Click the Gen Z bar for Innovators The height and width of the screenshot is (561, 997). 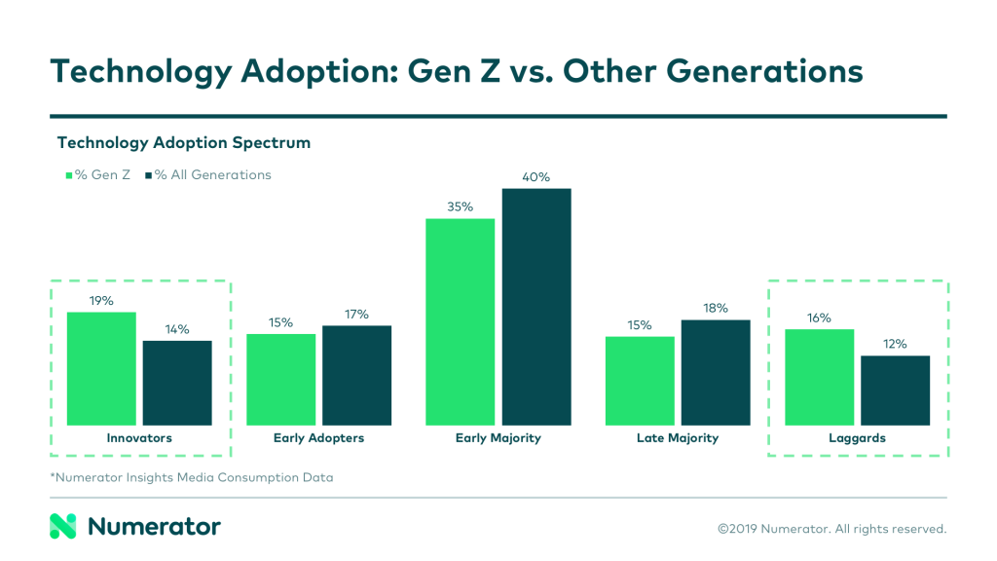tap(101, 368)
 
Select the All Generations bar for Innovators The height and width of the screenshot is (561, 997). tap(177, 383)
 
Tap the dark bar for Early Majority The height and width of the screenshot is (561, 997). tap(536, 307)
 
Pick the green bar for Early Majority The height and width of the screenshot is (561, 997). tap(461, 321)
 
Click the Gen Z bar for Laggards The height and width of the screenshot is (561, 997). tap(820, 377)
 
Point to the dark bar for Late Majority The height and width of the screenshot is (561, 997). tap(716, 372)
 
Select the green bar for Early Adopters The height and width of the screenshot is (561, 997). tap(281, 380)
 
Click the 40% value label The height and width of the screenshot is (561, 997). tap(536, 177)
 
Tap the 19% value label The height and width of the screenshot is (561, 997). tap(101, 301)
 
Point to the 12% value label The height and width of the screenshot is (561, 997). tap(895, 344)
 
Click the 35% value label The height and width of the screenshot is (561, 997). tap(461, 206)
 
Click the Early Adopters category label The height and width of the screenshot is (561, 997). tap(318, 438)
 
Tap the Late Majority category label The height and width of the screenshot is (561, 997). tap(678, 438)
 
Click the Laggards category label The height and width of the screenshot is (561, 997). tap(858, 438)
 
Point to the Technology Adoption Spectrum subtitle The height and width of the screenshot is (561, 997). tap(184, 143)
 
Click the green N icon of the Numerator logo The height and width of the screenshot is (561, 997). tap(63, 527)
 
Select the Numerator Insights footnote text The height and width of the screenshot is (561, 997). tap(192, 477)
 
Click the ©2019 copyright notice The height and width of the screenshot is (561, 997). tap(831, 529)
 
